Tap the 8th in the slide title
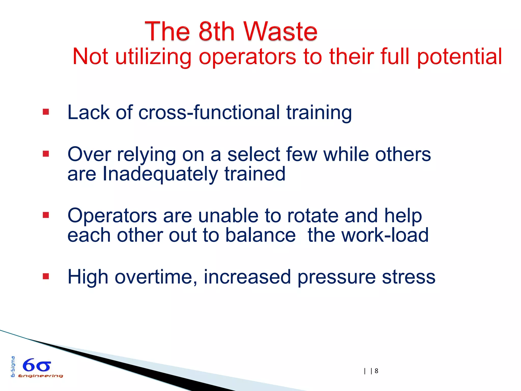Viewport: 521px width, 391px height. tap(216, 32)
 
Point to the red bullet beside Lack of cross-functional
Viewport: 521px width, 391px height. tap(46, 112)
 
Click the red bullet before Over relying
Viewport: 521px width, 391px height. tap(46, 154)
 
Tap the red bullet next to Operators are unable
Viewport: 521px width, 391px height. tap(46, 215)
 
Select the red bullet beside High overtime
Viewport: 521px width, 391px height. tap(46, 276)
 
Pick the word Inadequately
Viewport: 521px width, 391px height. tap(160, 174)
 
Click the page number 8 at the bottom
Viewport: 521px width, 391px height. tap(377, 371)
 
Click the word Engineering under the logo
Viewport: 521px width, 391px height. tap(40, 376)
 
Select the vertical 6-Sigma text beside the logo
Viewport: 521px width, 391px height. tap(13, 367)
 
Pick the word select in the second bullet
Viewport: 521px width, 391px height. tap(254, 155)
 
